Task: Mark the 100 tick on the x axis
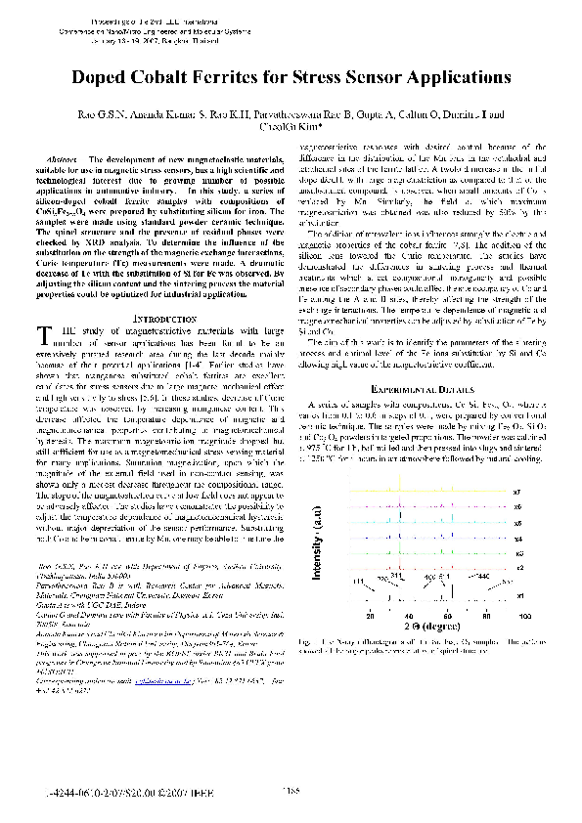click(524, 617)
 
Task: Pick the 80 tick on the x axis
click(485, 617)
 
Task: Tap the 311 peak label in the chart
click(396, 577)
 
